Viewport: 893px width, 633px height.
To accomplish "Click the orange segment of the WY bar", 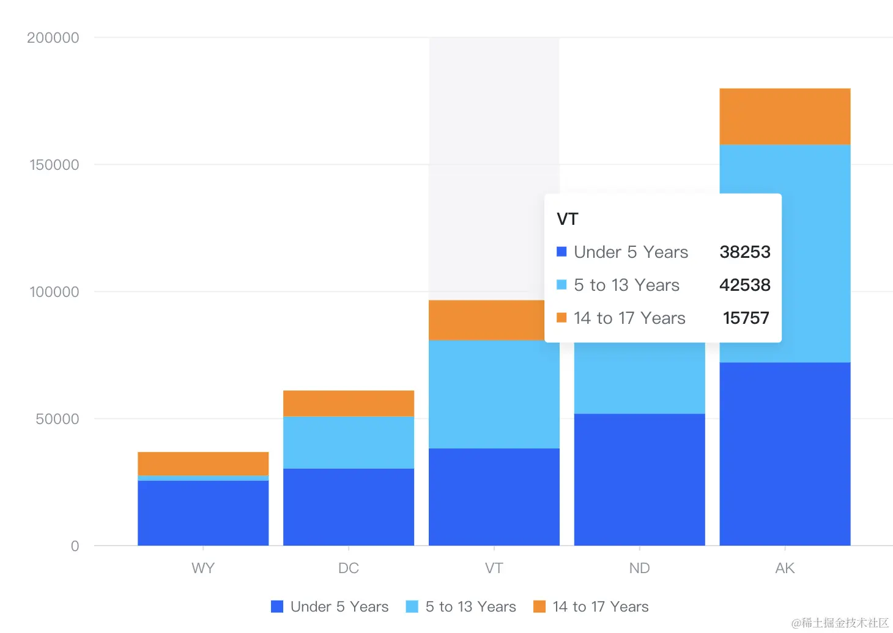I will pyautogui.click(x=203, y=463).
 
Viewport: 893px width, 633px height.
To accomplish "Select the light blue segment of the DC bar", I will pyautogui.click(x=349, y=442).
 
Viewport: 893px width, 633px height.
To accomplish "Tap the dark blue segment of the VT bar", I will pyautogui.click(x=494, y=496).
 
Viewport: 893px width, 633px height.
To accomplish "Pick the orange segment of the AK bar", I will pyautogui.click(x=785, y=116).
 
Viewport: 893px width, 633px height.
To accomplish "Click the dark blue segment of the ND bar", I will pyautogui.click(x=639, y=479).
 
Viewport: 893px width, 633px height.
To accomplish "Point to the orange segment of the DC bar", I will pyautogui.click(x=349, y=403).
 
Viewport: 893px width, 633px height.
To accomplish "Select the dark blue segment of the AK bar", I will pyautogui.click(x=785, y=453).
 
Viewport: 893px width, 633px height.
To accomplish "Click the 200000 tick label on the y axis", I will pyautogui.click(x=53, y=38).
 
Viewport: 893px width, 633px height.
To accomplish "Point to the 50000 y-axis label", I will pyautogui.click(x=57, y=419).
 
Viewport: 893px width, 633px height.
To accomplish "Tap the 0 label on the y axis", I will pyautogui.click(x=75, y=546).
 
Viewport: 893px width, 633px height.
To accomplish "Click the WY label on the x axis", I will pyautogui.click(x=203, y=568).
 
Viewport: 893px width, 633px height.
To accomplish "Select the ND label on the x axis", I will pyautogui.click(x=639, y=568).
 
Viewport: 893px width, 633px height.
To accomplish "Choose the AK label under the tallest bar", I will pyautogui.click(x=785, y=568).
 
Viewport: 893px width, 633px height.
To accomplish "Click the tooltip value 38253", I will pyautogui.click(x=744, y=252).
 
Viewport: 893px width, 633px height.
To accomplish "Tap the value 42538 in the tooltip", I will pyautogui.click(x=744, y=285).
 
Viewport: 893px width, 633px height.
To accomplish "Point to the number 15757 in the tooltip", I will pyautogui.click(x=746, y=318).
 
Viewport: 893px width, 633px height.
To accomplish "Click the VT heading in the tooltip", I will pyautogui.click(x=567, y=219).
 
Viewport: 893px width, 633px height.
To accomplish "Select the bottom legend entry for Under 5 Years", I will pyautogui.click(x=330, y=607).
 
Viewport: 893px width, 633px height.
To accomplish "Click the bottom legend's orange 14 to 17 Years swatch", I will pyautogui.click(x=539, y=607).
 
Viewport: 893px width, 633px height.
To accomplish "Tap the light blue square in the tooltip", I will pyautogui.click(x=561, y=285).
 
